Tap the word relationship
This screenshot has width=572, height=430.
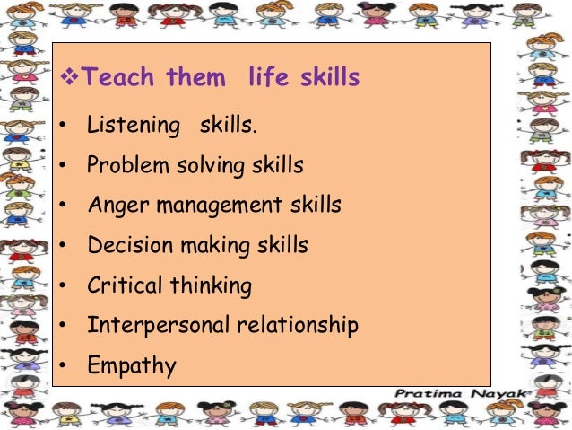(x=295, y=325)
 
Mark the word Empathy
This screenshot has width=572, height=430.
(x=131, y=366)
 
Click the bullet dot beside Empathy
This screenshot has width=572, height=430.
(x=62, y=365)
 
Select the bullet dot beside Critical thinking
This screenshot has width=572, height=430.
(x=62, y=285)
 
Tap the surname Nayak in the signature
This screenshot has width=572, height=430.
(x=502, y=393)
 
